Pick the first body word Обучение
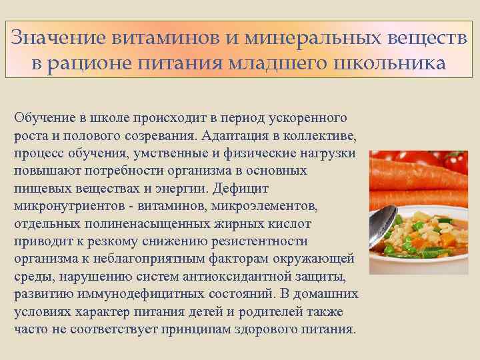coord(42,118)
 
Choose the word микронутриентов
coord(61,206)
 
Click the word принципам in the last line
coord(204,329)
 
